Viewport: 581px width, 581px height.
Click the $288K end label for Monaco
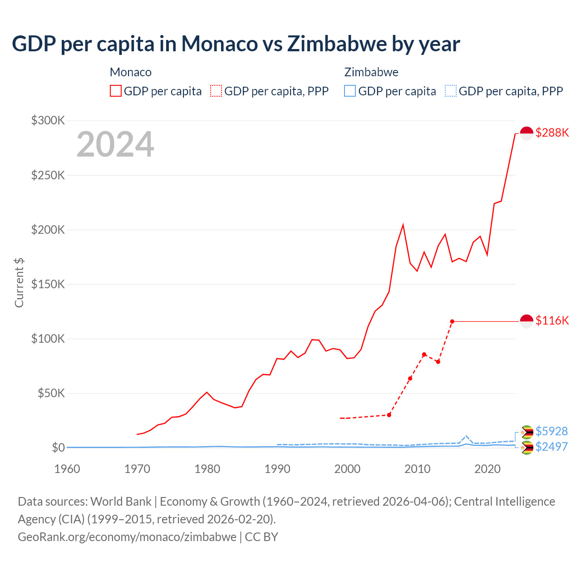tap(552, 133)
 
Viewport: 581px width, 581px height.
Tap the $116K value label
tap(552, 320)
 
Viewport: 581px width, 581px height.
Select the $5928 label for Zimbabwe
tap(551, 431)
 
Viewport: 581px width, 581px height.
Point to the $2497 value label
tap(551, 447)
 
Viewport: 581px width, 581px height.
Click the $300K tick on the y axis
tap(48, 120)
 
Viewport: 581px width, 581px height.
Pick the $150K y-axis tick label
tap(48, 284)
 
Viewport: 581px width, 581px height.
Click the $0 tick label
tap(58, 448)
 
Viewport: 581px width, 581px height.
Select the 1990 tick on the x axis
tap(277, 469)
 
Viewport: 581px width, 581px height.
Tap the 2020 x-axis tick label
tap(487, 469)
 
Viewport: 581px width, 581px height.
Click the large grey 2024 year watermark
tap(115, 144)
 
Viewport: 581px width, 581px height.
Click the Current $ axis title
tap(19, 282)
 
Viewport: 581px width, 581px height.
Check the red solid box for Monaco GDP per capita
tap(116, 91)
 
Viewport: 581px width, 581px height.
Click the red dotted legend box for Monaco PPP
tap(216, 91)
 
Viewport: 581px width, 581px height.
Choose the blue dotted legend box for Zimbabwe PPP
tap(451, 91)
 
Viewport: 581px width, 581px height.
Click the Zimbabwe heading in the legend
tap(371, 72)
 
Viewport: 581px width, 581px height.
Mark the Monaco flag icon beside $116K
tap(526, 321)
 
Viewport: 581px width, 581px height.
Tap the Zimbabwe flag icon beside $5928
tap(527, 431)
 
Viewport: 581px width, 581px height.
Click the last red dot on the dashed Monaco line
tap(452, 321)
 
